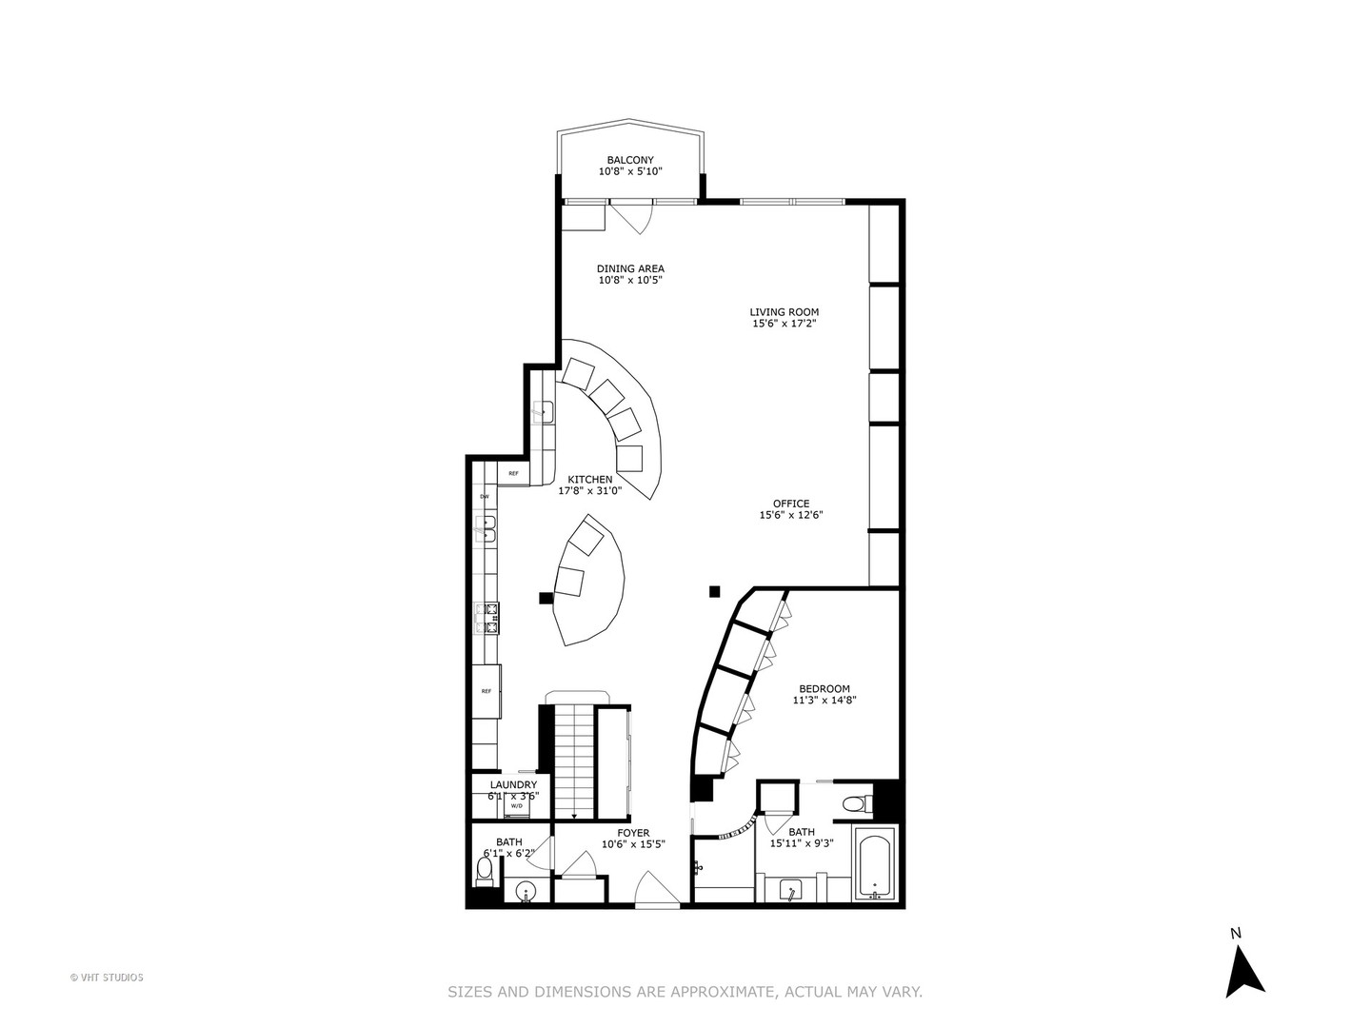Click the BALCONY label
(629, 160)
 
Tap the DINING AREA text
(629, 268)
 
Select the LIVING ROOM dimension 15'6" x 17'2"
(784, 324)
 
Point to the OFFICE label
(790, 504)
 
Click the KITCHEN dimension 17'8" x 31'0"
(589, 491)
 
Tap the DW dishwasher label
(484, 497)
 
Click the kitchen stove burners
(491, 618)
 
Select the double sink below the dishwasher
(487, 529)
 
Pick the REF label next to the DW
(512, 473)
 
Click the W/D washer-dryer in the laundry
(516, 807)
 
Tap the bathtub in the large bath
(875, 865)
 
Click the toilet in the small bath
(485, 871)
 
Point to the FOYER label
(633, 833)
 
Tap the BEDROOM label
(824, 689)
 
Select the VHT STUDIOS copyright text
(107, 978)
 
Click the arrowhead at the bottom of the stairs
(574, 815)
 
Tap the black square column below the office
(714, 592)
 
